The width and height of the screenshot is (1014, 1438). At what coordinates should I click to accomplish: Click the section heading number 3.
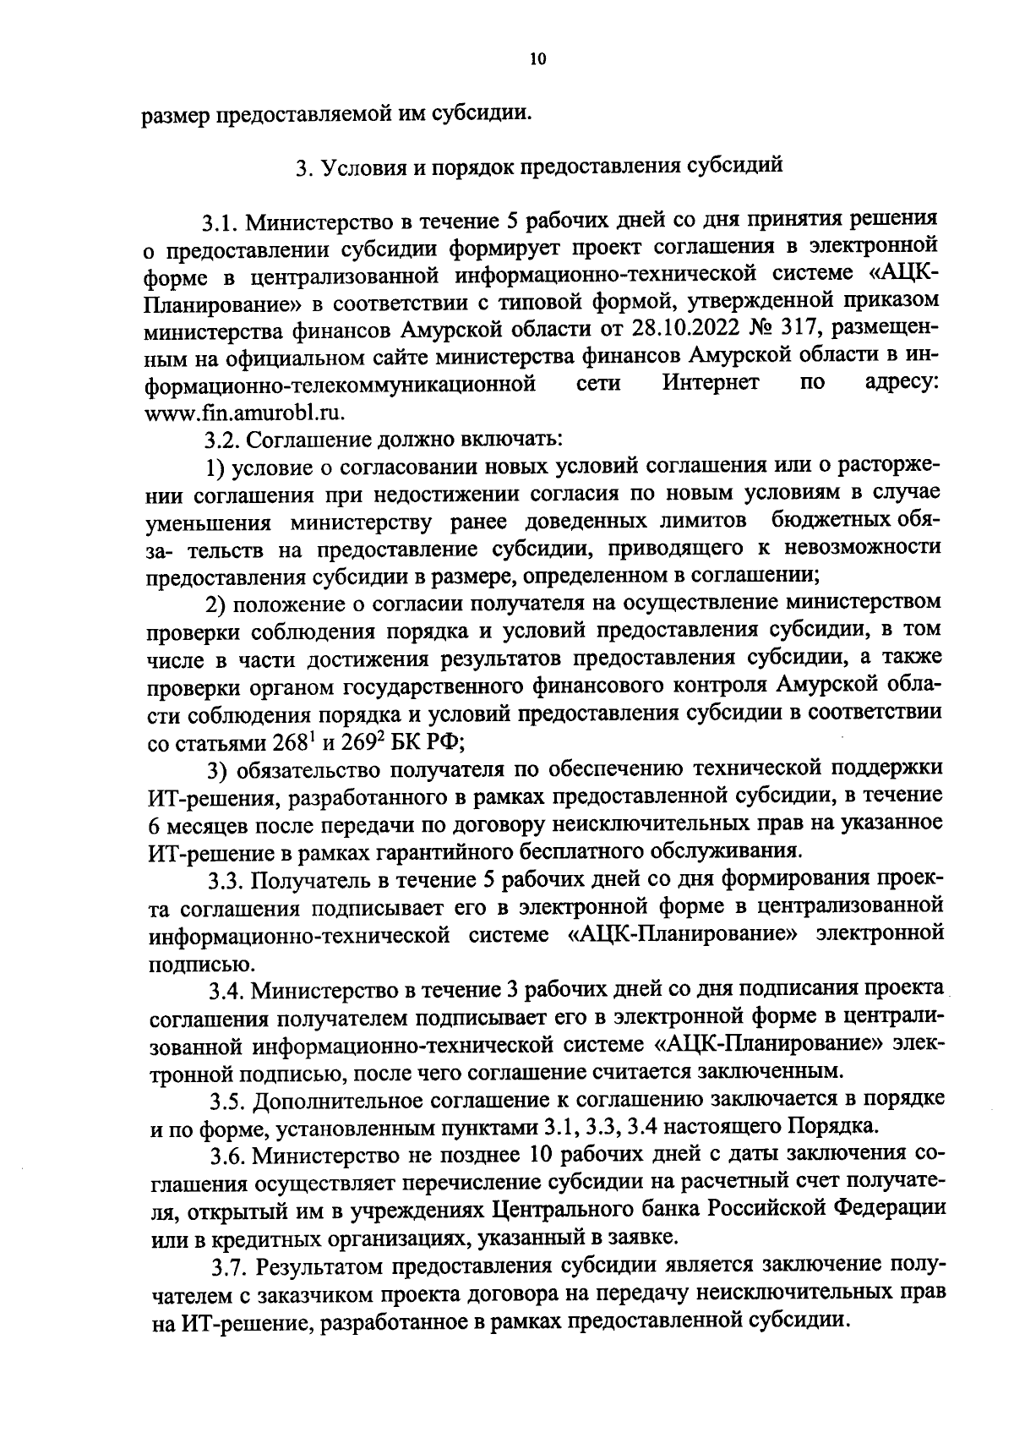pos(301,167)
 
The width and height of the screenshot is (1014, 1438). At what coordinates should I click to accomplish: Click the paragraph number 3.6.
pos(227,1156)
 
